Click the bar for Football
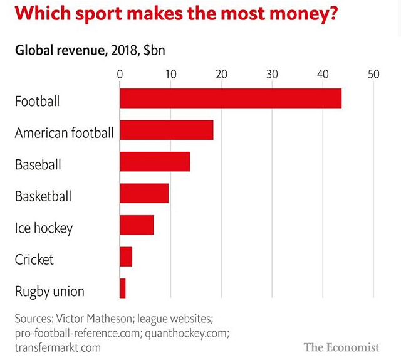pyautogui.click(x=230, y=98)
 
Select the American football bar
pyautogui.click(x=166, y=130)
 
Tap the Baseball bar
pyautogui.click(x=154, y=162)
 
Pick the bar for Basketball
pyautogui.click(x=144, y=193)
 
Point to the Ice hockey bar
pyautogui.click(x=137, y=225)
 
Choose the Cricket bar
pyautogui.click(x=125, y=257)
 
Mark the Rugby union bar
pyautogui.click(x=122, y=289)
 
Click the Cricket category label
pyautogui.click(x=34, y=259)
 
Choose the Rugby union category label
pyautogui.click(x=49, y=292)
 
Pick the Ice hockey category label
pyautogui.click(x=44, y=228)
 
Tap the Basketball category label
pyautogui.click(x=43, y=196)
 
